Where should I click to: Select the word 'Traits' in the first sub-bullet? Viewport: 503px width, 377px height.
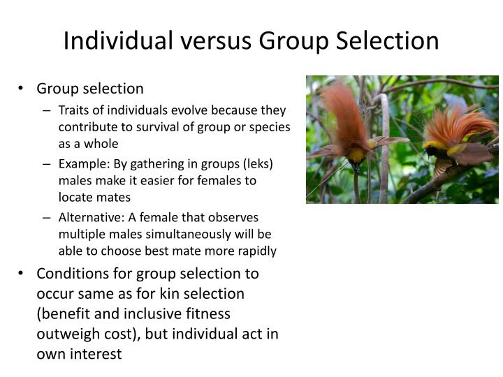(x=73, y=110)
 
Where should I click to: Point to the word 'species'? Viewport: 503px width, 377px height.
(x=269, y=128)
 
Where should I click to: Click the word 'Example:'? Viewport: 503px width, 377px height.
(x=83, y=163)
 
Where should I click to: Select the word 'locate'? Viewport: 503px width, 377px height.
(x=77, y=198)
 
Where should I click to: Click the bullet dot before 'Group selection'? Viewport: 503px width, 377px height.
(x=21, y=89)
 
